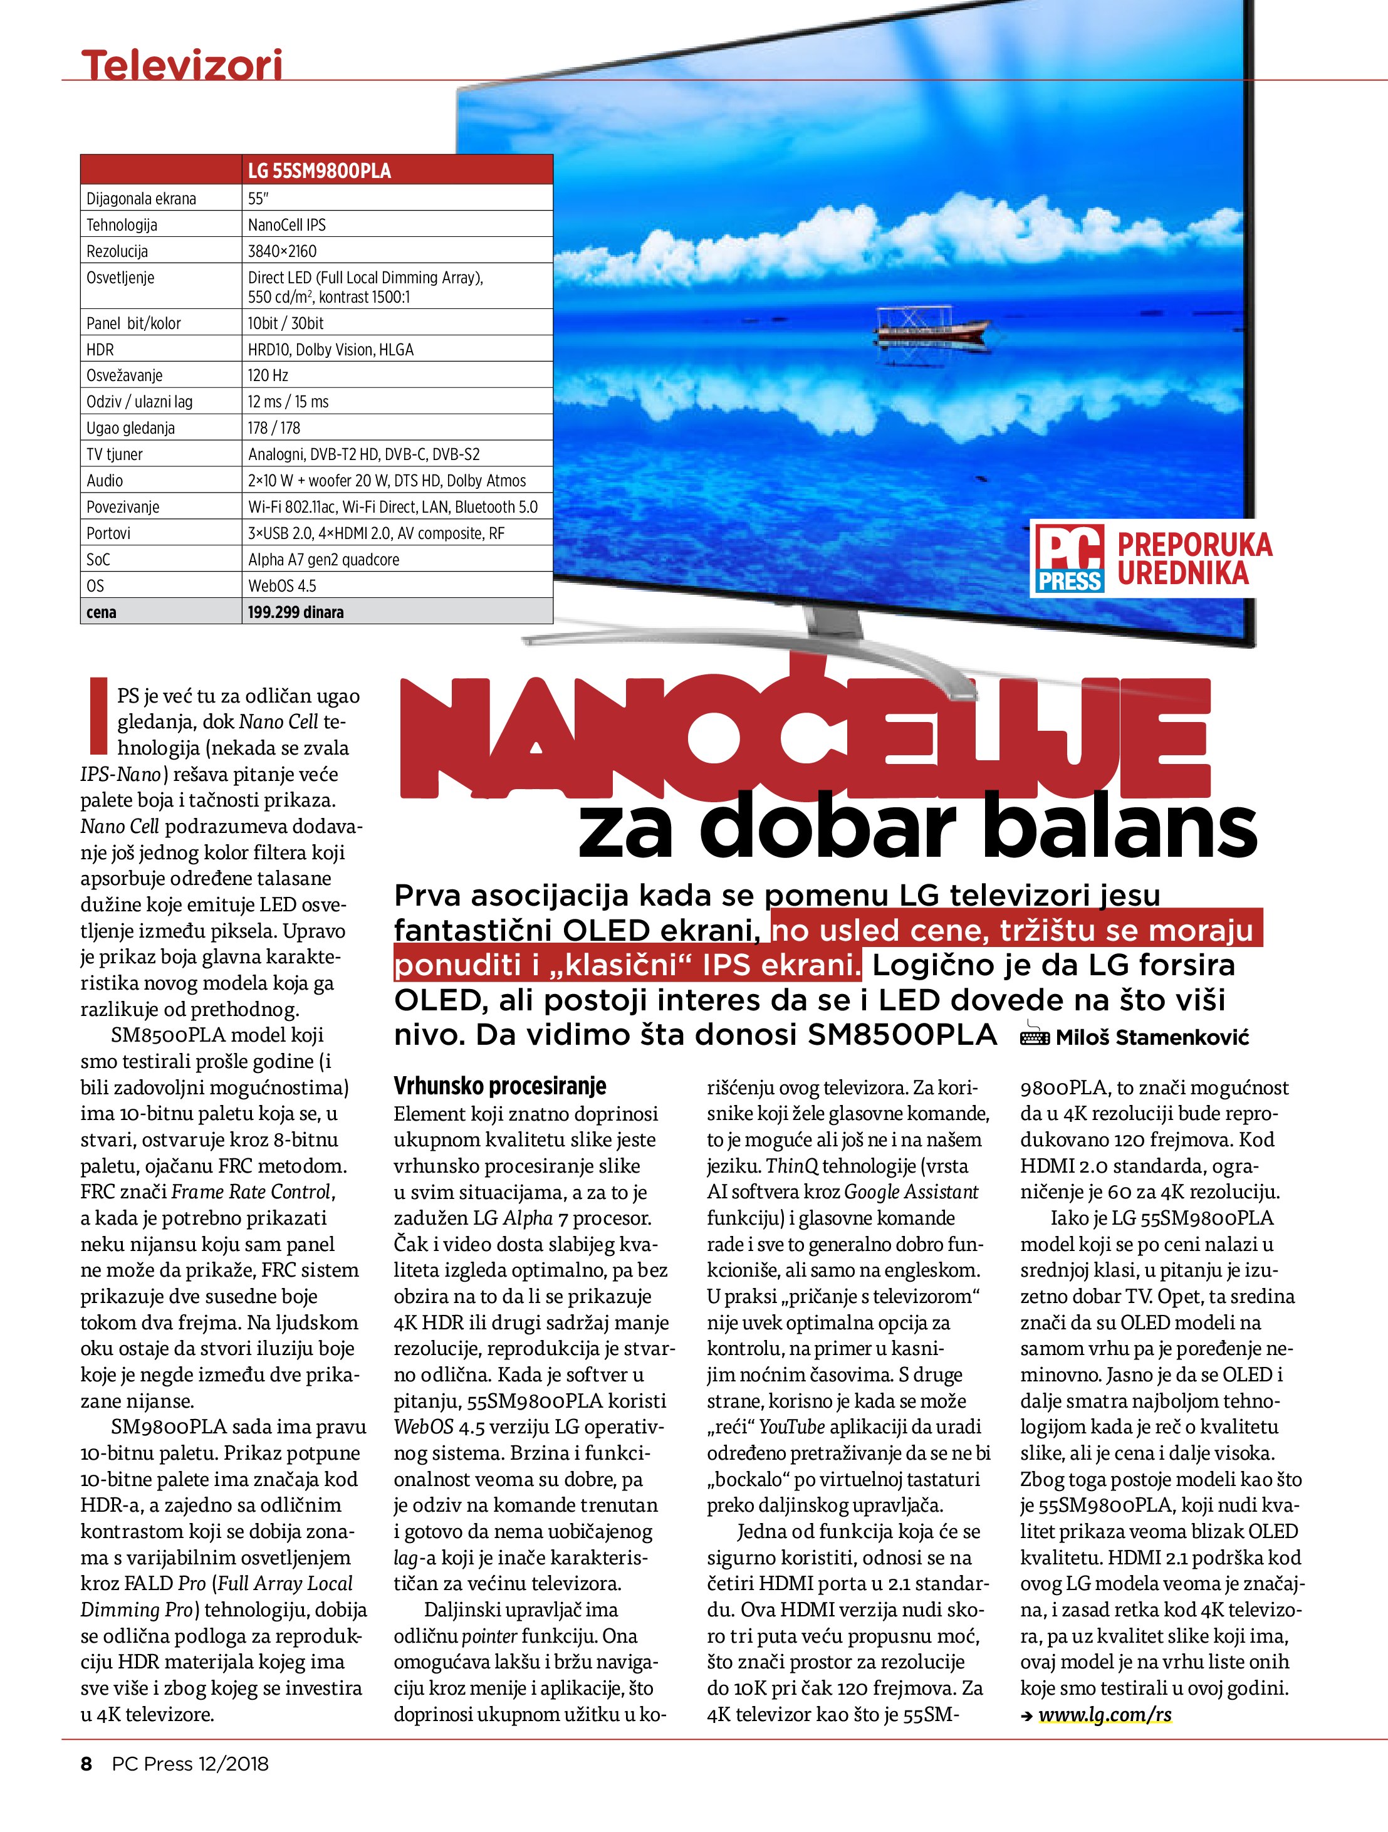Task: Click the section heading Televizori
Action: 181,65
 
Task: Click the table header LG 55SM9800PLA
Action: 319,170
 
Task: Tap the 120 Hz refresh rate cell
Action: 268,375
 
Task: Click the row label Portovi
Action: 108,533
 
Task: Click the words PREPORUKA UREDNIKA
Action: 1193,558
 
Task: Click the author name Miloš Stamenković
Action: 1151,1037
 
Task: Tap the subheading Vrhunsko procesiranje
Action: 499,1086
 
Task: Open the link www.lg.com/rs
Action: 1105,1714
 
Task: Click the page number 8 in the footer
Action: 86,1763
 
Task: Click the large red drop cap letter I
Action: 97,716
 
